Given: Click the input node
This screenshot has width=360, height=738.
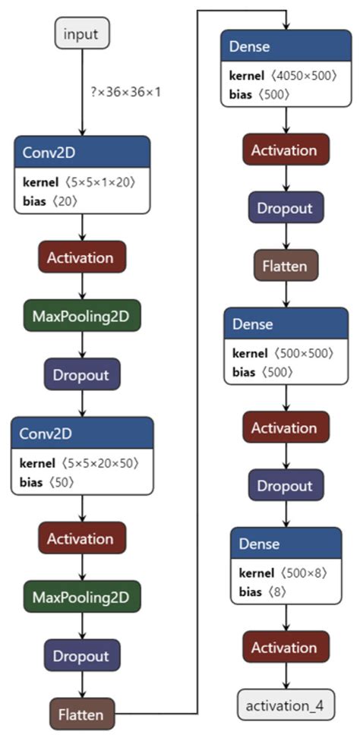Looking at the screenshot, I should [81, 34].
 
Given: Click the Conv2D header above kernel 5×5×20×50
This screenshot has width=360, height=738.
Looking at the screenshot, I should [81, 433].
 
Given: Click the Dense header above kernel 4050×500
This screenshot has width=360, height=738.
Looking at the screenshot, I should [285, 48].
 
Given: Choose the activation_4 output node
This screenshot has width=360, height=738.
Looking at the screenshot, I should [285, 705].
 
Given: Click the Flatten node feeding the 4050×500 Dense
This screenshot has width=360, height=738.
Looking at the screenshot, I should [81, 714].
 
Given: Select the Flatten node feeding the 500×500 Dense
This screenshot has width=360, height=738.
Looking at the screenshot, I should [285, 266].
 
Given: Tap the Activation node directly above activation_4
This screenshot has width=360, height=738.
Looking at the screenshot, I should [285, 648].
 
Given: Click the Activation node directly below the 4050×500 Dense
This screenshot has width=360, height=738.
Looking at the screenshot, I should [285, 150].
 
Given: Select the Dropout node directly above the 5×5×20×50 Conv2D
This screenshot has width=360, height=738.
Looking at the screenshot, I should [81, 375].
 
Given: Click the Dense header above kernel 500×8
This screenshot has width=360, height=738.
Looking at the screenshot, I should [285, 544].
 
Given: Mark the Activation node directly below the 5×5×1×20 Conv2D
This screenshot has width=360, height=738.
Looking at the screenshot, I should [81, 257].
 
